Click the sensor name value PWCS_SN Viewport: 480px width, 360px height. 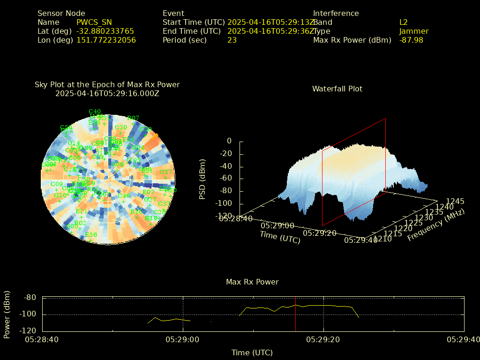click(94, 22)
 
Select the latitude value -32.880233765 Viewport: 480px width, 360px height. click(105, 31)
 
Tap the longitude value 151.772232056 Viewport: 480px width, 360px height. click(106, 40)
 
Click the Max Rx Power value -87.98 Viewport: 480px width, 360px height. click(411, 40)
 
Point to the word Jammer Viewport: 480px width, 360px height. click(414, 31)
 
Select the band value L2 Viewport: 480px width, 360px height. click(404, 22)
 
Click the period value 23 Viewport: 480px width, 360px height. click(232, 40)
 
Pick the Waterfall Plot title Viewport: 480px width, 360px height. click(337, 89)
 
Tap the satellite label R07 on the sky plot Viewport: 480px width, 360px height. click(133, 118)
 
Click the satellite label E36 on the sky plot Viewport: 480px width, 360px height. click(91, 234)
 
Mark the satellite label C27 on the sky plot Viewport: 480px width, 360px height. click(166, 172)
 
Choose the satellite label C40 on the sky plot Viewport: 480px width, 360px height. click(95, 112)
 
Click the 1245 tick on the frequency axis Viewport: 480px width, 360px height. click(455, 201)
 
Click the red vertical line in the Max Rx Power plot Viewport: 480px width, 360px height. click(296, 314)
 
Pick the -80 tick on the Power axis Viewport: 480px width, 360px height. click(30, 297)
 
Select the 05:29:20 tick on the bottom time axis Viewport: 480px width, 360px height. click(323, 339)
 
